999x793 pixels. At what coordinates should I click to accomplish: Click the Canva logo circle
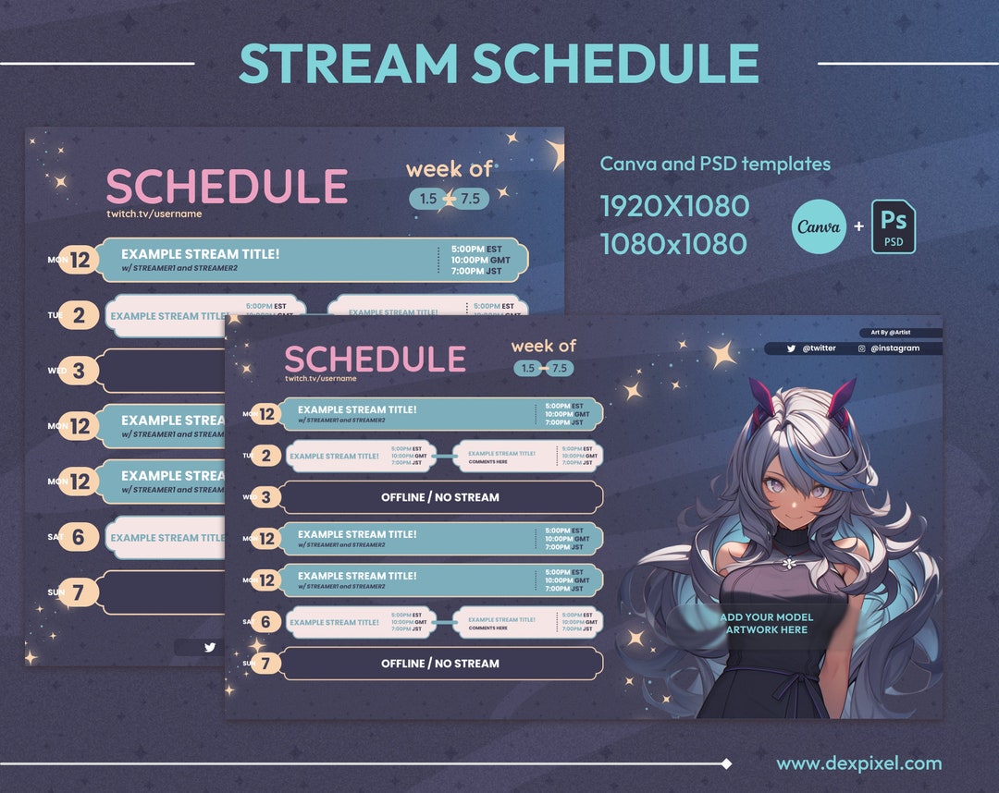[x=819, y=227]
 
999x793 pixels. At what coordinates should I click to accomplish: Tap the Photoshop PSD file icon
[x=893, y=227]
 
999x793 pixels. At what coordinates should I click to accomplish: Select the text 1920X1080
[x=674, y=206]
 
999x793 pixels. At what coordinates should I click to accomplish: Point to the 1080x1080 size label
[x=673, y=244]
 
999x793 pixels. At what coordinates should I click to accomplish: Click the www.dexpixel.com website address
[x=858, y=763]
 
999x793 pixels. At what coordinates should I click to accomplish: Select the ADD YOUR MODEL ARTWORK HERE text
[x=766, y=624]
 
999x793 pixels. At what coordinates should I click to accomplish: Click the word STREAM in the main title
[x=348, y=65]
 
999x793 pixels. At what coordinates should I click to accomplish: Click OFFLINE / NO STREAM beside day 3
[x=440, y=497]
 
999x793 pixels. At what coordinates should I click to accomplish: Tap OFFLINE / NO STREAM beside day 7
[x=440, y=664]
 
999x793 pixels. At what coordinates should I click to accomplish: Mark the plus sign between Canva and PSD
[x=858, y=227]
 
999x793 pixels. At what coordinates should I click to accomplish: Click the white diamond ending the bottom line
[x=726, y=763]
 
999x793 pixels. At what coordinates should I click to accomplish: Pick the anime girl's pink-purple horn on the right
[x=840, y=399]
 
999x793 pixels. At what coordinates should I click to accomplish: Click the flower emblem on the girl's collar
[x=788, y=563]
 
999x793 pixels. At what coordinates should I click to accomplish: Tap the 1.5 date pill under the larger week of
[x=427, y=199]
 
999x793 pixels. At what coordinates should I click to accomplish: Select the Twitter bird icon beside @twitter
[x=791, y=348]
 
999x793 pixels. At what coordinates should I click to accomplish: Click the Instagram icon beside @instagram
[x=861, y=348]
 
